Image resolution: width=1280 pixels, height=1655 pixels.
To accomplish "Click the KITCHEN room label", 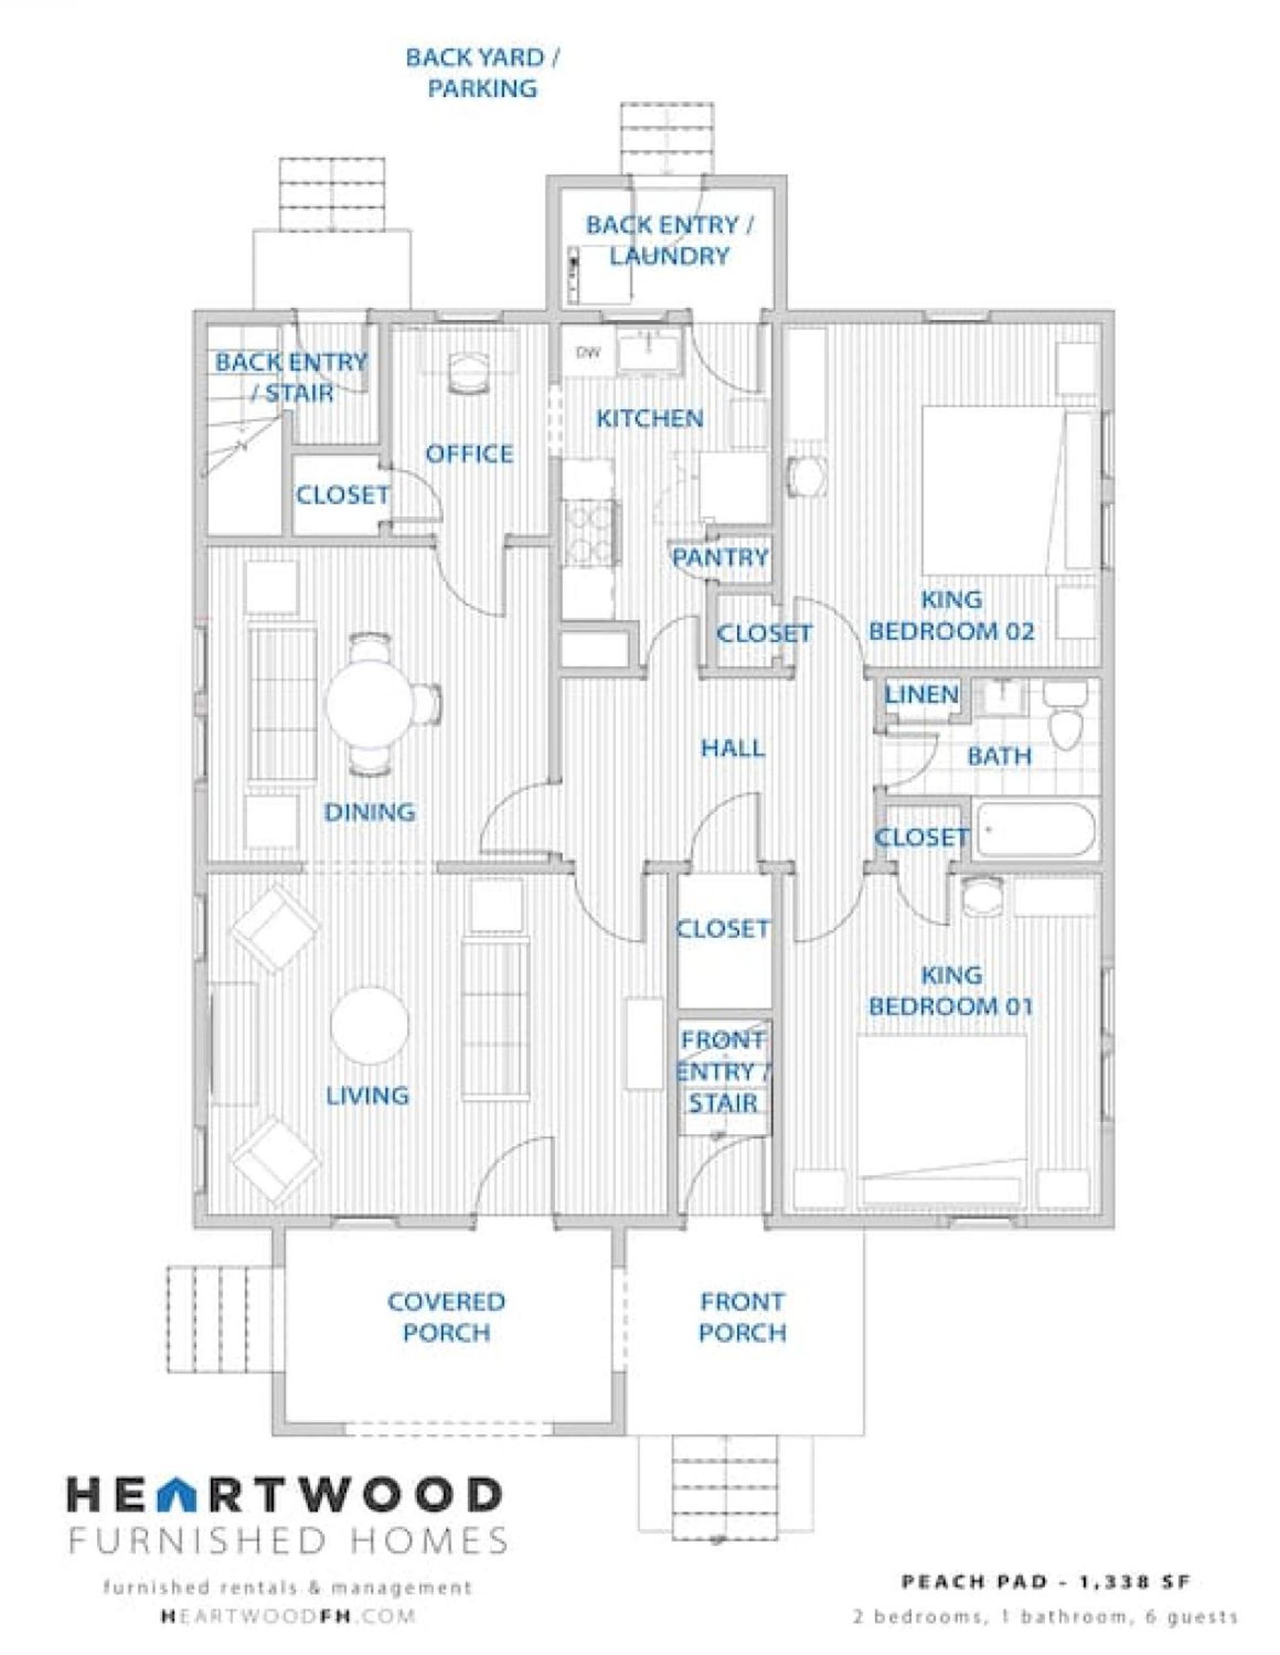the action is click(x=650, y=418).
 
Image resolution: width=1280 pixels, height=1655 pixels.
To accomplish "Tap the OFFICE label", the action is click(x=469, y=454).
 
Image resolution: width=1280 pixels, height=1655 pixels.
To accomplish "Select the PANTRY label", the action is click(x=720, y=558).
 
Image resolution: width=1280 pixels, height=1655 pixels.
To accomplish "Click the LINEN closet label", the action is click(x=922, y=694).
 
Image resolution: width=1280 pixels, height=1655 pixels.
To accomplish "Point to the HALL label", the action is click(x=732, y=749).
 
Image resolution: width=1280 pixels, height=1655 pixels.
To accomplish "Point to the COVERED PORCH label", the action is click(x=446, y=1317).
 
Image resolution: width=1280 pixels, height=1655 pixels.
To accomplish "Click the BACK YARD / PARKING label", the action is click(x=483, y=73).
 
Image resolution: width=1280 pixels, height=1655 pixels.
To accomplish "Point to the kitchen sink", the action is click(x=649, y=352).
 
